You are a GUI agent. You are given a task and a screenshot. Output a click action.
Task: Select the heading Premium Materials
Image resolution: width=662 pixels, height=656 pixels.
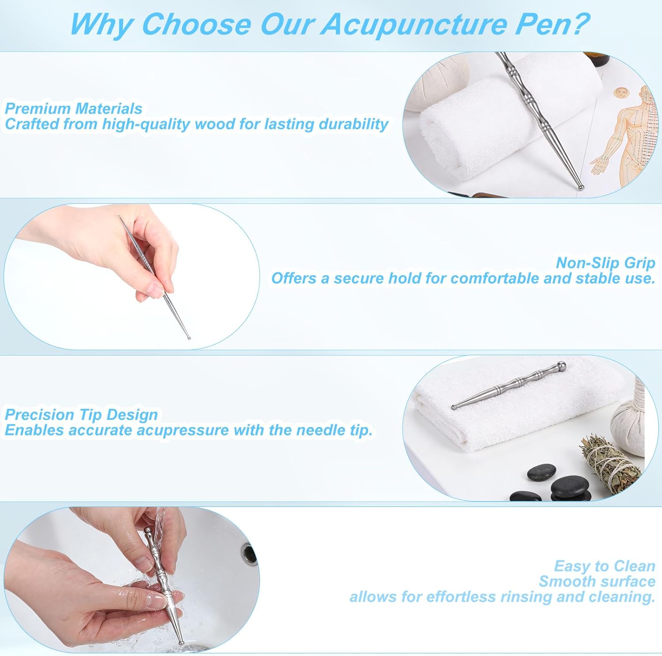tap(73, 109)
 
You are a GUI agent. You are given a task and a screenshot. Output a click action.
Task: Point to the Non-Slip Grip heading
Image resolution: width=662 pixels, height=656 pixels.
tap(606, 263)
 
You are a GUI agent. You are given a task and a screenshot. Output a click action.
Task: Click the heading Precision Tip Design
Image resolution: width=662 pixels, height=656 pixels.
tap(81, 415)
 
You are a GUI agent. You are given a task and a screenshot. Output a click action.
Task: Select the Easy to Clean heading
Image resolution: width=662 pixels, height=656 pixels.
tap(605, 566)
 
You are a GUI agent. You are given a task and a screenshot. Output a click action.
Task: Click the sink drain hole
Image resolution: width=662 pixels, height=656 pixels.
tap(249, 554)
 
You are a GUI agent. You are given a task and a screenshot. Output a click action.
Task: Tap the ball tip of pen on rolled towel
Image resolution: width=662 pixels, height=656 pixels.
tap(581, 187)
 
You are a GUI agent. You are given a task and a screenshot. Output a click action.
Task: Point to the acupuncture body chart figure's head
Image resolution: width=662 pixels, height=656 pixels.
tap(621, 94)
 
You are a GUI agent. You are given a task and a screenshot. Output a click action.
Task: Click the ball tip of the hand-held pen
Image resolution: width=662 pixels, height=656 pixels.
tap(189, 338)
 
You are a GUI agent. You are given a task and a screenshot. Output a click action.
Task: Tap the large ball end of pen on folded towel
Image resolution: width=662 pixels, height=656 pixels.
tap(561, 366)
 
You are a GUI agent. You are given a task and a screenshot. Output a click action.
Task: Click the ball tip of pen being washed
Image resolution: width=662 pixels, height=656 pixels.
tap(181, 643)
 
